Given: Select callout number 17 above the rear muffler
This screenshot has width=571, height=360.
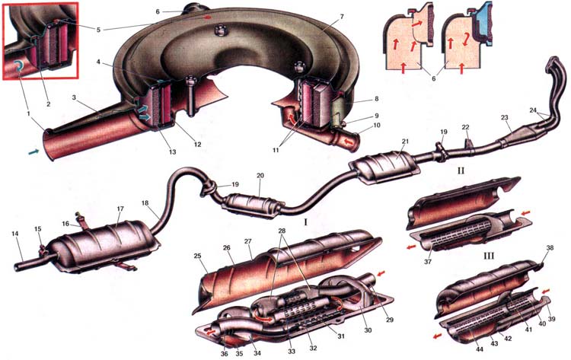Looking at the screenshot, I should [x=120, y=208].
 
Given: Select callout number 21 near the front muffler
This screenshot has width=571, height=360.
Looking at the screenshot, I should [x=406, y=142].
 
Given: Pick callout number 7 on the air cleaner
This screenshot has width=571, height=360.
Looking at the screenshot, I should [x=321, y=16].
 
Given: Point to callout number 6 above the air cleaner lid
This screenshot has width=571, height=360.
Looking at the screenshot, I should [x=157, y=12].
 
